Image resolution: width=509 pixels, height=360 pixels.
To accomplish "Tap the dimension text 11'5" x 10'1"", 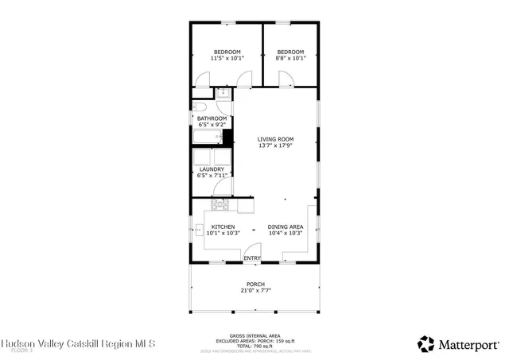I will click(226, 58).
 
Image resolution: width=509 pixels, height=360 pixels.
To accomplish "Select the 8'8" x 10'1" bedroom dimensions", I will click(290, 58).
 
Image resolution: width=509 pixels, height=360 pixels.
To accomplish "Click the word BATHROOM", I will click(212, 118).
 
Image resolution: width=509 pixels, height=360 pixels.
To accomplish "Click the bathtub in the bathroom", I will click(208, 137).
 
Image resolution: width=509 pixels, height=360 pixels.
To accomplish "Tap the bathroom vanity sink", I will click(224, 95).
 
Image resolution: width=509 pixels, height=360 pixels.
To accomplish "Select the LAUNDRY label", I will click(212, 168).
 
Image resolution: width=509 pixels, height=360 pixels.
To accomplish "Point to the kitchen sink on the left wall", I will click(199, 231).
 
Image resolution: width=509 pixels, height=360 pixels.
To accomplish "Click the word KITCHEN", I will click(223, 226).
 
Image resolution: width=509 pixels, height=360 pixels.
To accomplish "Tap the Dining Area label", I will click(284, 226).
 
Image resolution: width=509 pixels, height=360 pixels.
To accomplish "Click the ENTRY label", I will click(252, 258).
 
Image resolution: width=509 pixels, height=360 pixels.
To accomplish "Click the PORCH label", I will click(255, 284).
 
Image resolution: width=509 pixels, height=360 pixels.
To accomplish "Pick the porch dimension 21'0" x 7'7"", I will click(255, 291).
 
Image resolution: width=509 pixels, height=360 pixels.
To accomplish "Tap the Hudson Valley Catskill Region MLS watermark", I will click(78, 343).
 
